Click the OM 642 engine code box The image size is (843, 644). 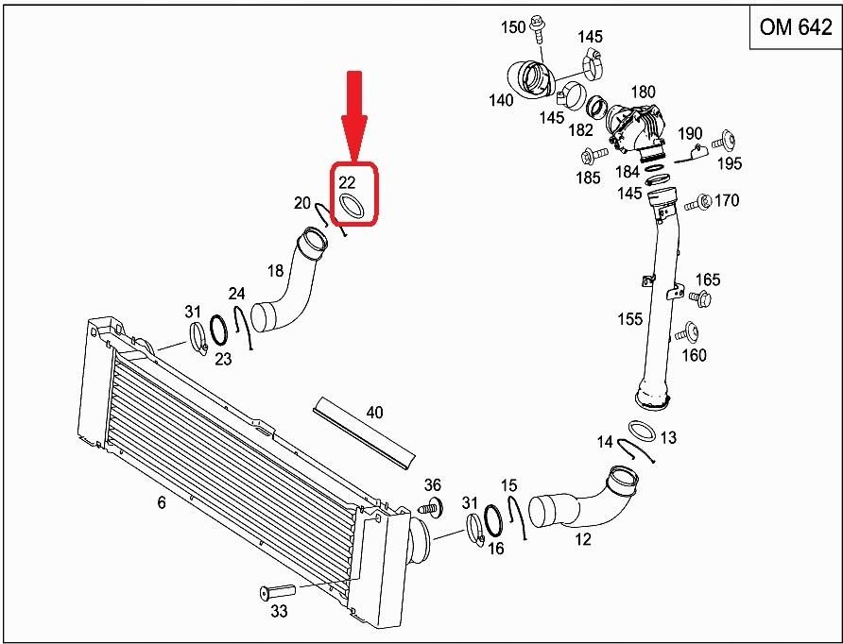pyautogui.click(x=795, y=26)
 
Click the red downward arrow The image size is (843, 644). pyautogui.click(x=353, y=116)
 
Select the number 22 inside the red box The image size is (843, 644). pyautogui.click(x=347, y=182)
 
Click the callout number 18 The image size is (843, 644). pyautogui.click(x=275, y=271)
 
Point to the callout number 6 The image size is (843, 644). pyautogui.click(x=162, y=502)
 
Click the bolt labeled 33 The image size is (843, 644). pyautogui.click(x=276, y=591)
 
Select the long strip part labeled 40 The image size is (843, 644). pyautogui.click(x=364, y=433)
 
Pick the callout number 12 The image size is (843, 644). pyautogui.click(x=583, y=539)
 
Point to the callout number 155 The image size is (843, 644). pyautogui.click(x=630, y=319)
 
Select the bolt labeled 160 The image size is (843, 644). pyautogui.click(x=686, y=333)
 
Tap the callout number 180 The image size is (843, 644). pyautogui.click(x=643, y=93)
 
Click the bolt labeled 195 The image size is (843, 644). pyautogui.click(x=724, y=142)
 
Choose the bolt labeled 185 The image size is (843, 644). pyautogui.click(x=594, y=157)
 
